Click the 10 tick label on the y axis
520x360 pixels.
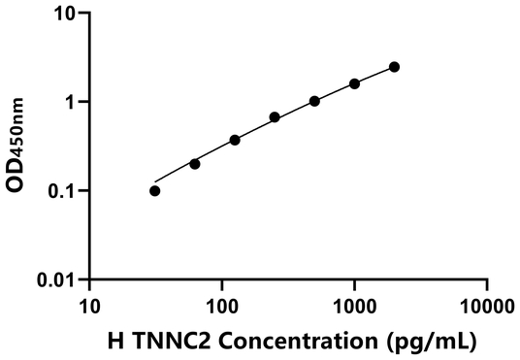[x=65, y=14]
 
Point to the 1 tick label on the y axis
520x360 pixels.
[x=72, y=102]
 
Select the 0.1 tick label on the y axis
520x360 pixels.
[x=62, y=191]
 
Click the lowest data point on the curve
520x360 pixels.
[x=155, y=190]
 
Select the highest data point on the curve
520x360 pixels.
[x=394, y=67]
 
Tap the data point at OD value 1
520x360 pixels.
[x=314, y=101]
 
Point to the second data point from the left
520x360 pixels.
[x=195, y=164]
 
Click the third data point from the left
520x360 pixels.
[x=235, y=140]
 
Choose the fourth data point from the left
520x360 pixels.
[x=275, y=117]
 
